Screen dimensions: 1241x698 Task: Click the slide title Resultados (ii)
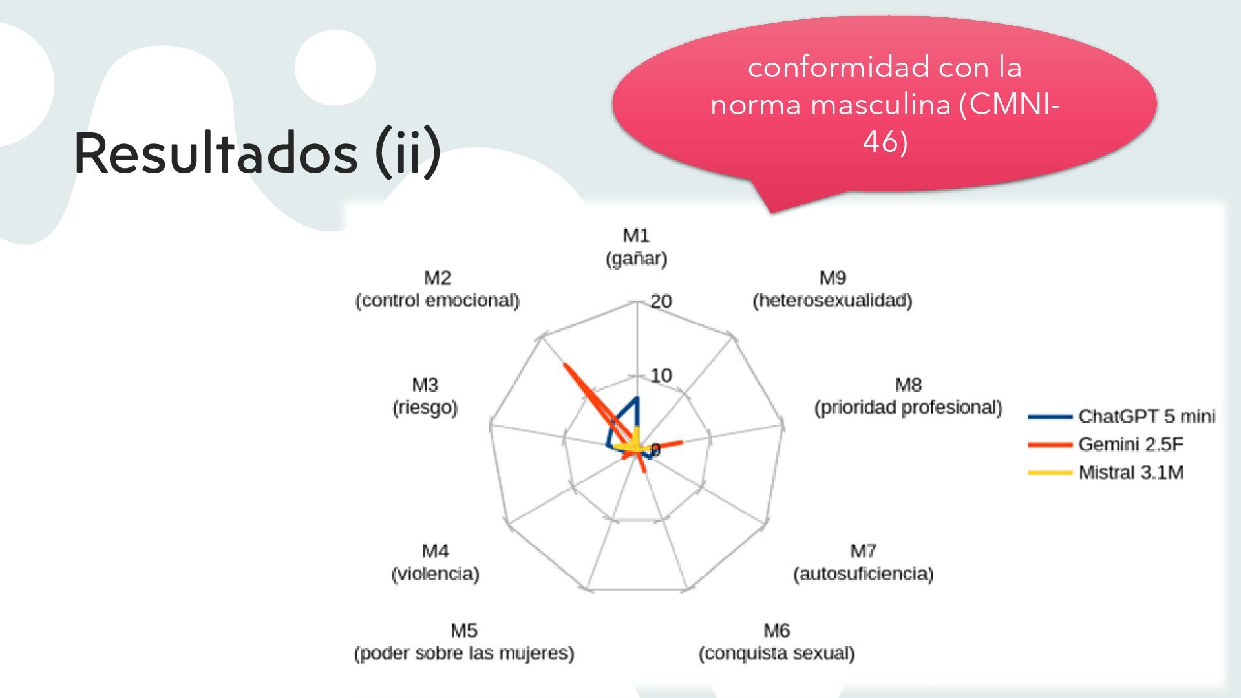click(x=257, y=153)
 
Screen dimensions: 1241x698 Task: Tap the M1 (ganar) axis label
click(x=636, y=247)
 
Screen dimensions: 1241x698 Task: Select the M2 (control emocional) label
click(x=437, y=289)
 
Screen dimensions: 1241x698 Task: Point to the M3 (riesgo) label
click(x=425, y=396)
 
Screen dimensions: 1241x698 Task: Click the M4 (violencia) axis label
click(x=435, y=562)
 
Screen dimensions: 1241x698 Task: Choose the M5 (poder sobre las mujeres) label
click(x=463, y=642)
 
